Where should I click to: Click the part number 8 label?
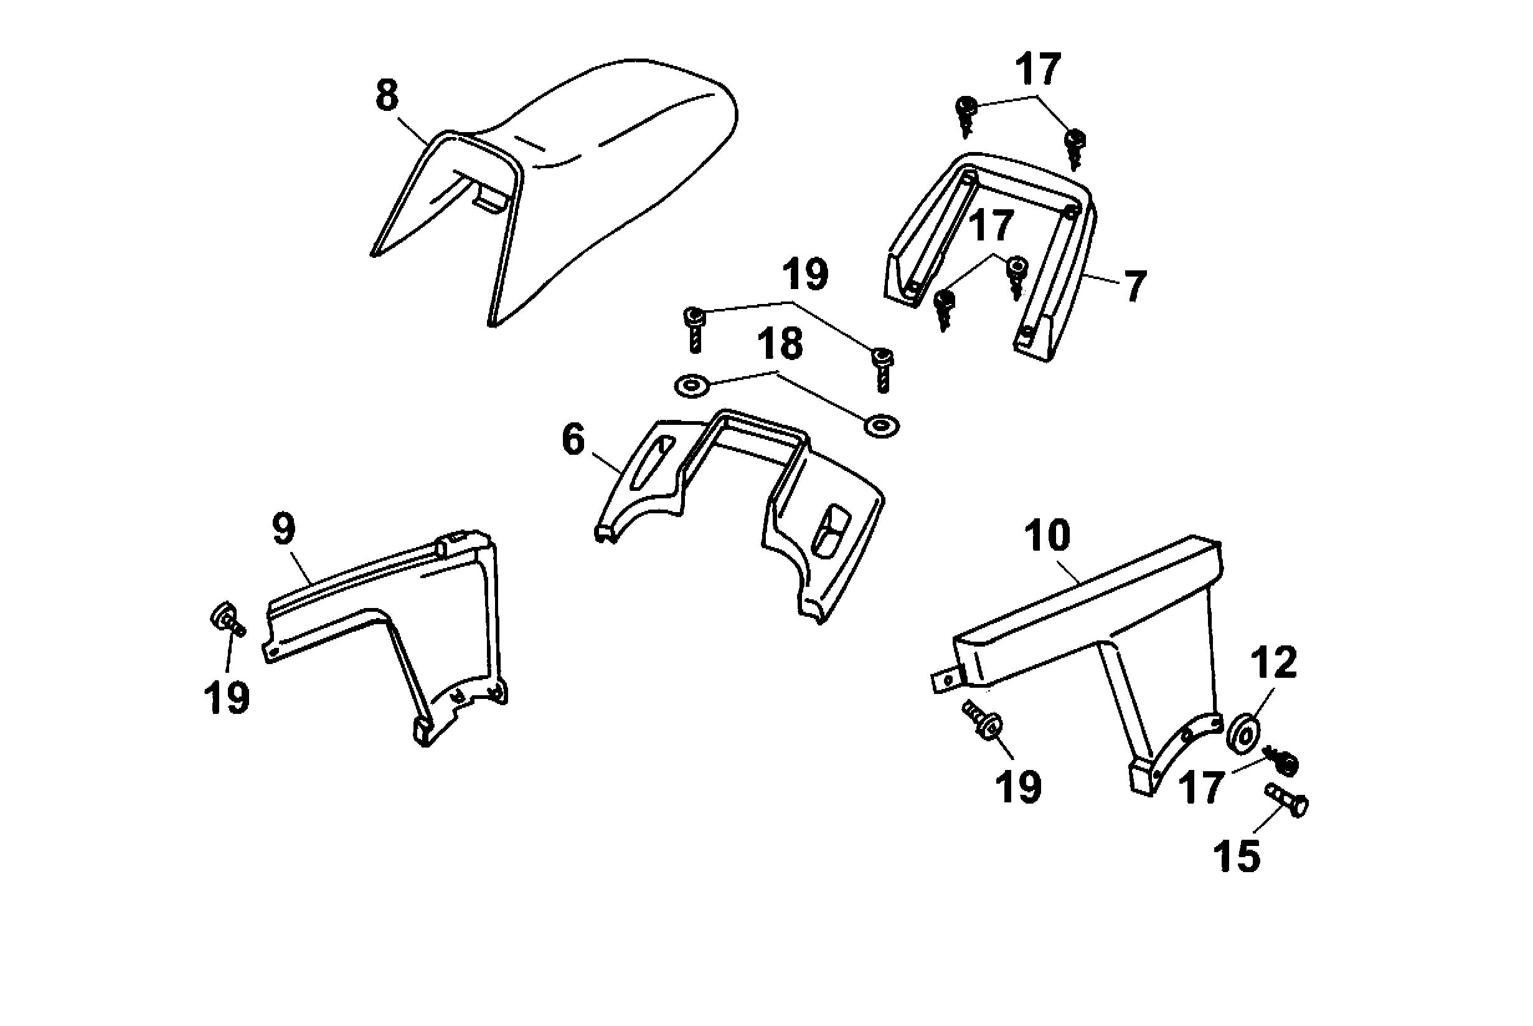pyautogui.click(x=387, y=95)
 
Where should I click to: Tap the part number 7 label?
pyautogui.click(x=1134, y=286)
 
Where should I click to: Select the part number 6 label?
pyautogui.click(x=573, y=440)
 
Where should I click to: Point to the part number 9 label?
pyautogui.click(x=283, y=530)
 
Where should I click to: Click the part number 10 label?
pyautogui.click(x=1047, y=536)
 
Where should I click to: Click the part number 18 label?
pyautogui.click(x=780, y=343)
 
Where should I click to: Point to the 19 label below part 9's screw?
pyautogui.click(x=226, y=698)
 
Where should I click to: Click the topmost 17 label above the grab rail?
pyautogui.click(x=1038, y=69)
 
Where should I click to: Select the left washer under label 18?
pyautogui.click(x=692, y=386)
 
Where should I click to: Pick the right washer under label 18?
pyautogui.click(x=882, y=425)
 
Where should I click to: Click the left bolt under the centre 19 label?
pyautogui.click(x=694, y=329)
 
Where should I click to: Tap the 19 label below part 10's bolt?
pyautogui.click(x=1018, y=787)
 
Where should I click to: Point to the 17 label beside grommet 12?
pyautogui.click(x=1200, y=787)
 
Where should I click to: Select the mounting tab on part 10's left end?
pyautogui.click(x=946, y=681)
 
